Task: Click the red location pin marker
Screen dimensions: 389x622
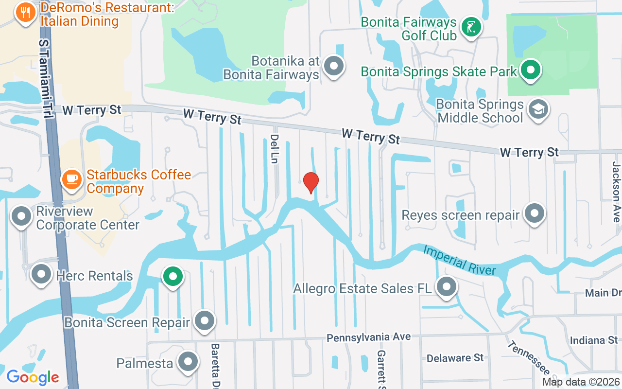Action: (311, 182)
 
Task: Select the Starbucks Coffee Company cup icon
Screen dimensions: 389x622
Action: (72, 179)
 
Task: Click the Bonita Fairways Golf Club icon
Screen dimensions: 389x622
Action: (470, 27)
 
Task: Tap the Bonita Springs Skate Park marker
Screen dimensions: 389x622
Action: (531, 70)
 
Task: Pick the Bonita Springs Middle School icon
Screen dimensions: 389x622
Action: (538, 109)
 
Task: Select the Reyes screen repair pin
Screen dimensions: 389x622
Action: (535, 213)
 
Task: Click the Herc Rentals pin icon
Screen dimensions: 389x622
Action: (41, 274)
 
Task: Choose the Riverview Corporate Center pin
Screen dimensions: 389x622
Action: (21, 216)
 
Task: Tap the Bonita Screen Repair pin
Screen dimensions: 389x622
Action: (204, 320)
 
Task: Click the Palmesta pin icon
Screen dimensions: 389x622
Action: (187, 362)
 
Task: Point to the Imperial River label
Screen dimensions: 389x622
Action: (459, 260)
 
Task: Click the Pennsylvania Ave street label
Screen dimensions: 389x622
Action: (368, 337)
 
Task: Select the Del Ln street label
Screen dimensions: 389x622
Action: (275, 149)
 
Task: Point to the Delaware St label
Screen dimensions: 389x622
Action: (455, 358)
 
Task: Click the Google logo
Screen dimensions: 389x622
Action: (33, 377)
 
